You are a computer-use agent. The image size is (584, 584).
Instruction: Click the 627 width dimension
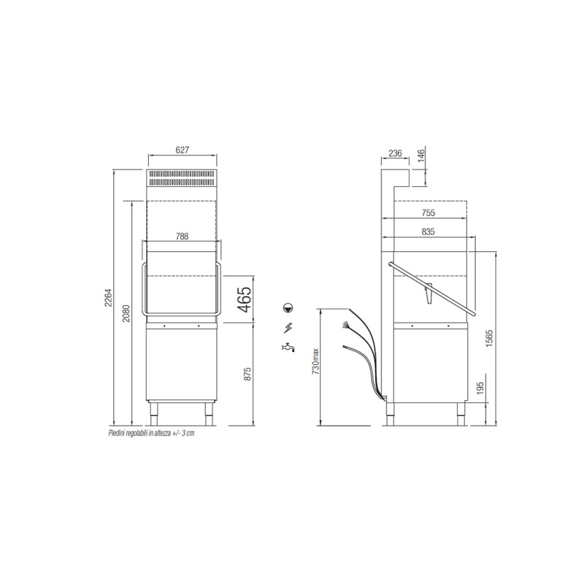click(x=182, y=150)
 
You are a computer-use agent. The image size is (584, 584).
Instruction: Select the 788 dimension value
click(x=182, y=236)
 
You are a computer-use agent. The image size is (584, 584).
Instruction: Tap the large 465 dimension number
click(x=244, y=300)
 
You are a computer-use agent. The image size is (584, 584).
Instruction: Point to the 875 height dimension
click(x=248, y=374)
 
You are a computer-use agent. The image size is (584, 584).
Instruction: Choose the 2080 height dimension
click(x=126, y=314)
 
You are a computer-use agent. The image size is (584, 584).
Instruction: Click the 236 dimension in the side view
click(x=395, y=153)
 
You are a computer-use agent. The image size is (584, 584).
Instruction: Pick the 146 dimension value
click(x=421, y=155)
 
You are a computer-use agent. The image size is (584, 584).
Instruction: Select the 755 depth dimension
click(x=429, y=213)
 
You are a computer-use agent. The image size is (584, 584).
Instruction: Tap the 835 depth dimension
click(x=429, y=231)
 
